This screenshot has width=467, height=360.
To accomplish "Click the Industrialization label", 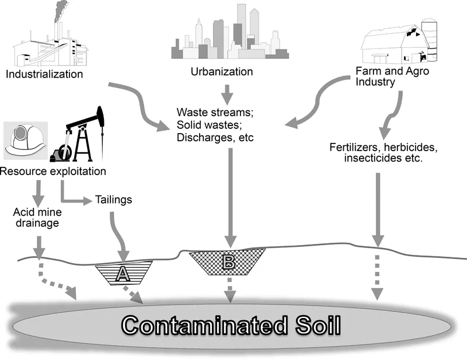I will click(x=44, y=74).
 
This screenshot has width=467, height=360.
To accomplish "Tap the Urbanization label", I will click(x=222, y=72).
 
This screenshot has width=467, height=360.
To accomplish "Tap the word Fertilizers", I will click(x=353, y=148).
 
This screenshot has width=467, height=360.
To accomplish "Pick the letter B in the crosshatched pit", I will click(x=229, y=263).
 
